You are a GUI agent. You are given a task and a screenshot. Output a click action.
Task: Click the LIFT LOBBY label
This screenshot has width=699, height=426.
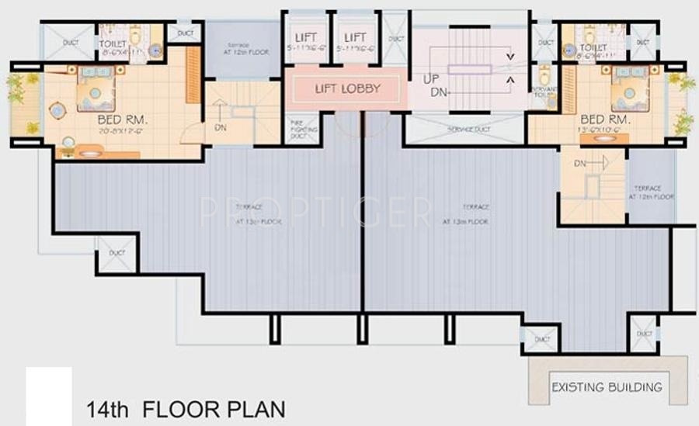[347, 88]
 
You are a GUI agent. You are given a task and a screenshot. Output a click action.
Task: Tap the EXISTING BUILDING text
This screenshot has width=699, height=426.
[607, 386]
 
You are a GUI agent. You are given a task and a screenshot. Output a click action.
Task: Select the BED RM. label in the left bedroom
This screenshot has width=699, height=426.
[120, 122]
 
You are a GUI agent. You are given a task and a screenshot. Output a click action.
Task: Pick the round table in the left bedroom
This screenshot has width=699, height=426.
[58, 110]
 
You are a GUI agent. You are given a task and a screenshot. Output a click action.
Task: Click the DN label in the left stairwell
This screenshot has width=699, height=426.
[221, 127]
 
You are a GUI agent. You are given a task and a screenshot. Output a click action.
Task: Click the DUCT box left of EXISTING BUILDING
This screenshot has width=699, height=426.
[541, 338]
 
